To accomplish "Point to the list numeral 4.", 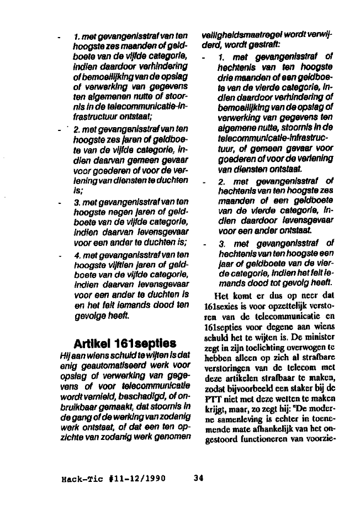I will (x=77, y=256).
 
